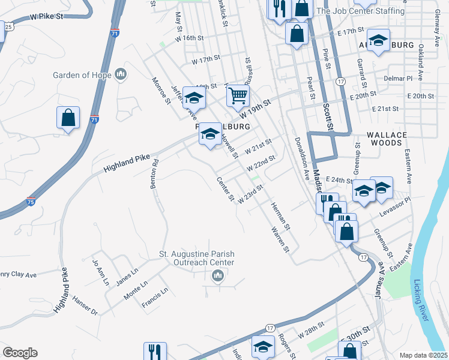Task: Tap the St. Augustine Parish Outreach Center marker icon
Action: click(218, 275)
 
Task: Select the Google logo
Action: click(20, 353)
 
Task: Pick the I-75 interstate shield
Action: click(31, 202)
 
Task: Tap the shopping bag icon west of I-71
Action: click(68, 118)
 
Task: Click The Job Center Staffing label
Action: click(360, 11)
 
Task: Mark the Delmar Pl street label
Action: click(401, 78)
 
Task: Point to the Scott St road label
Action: click(328, 116)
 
